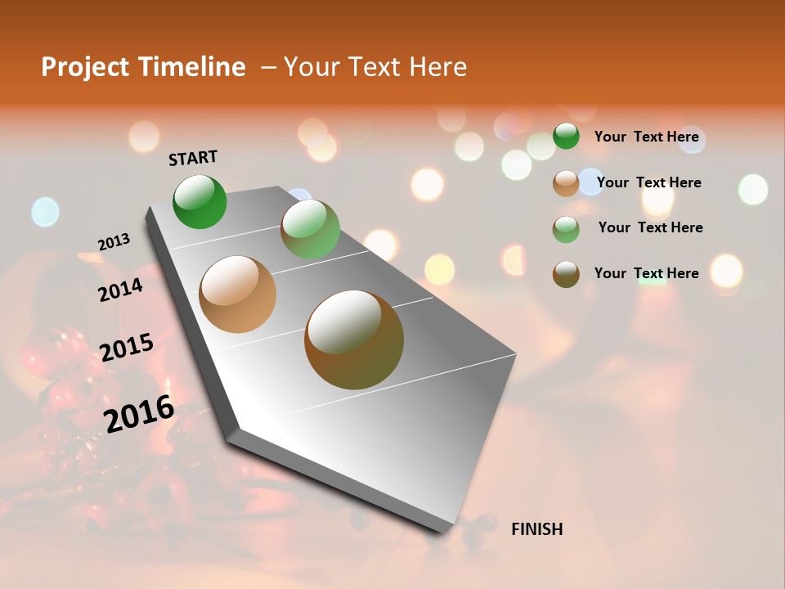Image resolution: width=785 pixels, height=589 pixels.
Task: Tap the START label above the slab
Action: coord(193,158)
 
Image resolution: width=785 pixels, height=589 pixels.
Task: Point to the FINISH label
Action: coord(536,529)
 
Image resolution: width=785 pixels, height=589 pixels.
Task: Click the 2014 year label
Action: coord(120,290)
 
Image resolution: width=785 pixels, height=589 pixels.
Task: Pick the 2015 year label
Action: coord(127,348)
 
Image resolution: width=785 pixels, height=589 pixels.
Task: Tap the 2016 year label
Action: coord(139,412)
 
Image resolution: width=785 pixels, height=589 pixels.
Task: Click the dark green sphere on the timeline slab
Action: coord(200,201)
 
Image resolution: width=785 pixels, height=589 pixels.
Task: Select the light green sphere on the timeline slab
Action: coord(310,229)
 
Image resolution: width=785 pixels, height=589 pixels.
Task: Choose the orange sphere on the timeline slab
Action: coord(238,294)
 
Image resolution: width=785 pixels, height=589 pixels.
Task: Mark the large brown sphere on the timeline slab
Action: coord(354,339)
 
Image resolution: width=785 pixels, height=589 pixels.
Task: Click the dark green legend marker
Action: coord(566,136)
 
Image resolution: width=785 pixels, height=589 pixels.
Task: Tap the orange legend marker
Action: coord(566,183)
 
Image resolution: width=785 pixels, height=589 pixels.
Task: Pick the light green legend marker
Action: coord(566,229)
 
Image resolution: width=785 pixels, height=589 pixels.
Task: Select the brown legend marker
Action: coord(566,274)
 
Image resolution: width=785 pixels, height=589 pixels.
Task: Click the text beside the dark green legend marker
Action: coord(646,137)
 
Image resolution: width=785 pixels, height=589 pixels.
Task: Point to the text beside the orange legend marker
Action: coord(648,182)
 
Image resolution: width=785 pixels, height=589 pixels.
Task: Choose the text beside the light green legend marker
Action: coord(650,227)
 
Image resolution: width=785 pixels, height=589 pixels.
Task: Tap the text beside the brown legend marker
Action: coord(646,273)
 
